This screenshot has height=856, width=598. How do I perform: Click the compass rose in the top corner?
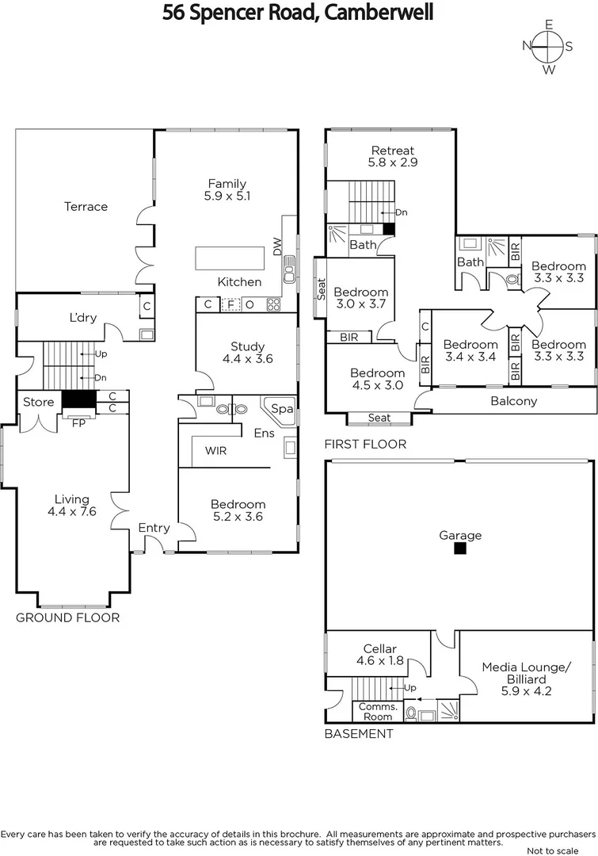pos(547,46)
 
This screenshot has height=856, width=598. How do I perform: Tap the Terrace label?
pos(86,207)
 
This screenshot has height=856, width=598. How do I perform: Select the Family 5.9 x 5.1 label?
pos(227,190)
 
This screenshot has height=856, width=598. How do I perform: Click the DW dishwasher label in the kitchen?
pos(277,246)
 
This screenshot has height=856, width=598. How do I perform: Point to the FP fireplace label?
pos(78,422)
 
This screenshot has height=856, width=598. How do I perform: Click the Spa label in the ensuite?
pos(281,409)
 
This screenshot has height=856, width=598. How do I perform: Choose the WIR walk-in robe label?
pos(215,451)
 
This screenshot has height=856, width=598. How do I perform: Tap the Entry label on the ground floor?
pos(154,528)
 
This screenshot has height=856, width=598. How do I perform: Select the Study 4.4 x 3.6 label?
pos(248,353)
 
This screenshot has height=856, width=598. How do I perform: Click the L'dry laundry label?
pos(82,318)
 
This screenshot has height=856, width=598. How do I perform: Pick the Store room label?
pos(38,402)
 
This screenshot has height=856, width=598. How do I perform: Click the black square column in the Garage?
pos(460,548)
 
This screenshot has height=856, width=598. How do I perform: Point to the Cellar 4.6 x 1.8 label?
pos(379,654)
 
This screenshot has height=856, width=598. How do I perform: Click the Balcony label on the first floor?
pos(513,401)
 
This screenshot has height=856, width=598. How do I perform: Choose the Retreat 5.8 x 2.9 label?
pos(393,156)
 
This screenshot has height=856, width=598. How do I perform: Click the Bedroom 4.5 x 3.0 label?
pos(377,379)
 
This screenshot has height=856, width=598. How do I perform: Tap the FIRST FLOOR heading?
pos(365,445)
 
